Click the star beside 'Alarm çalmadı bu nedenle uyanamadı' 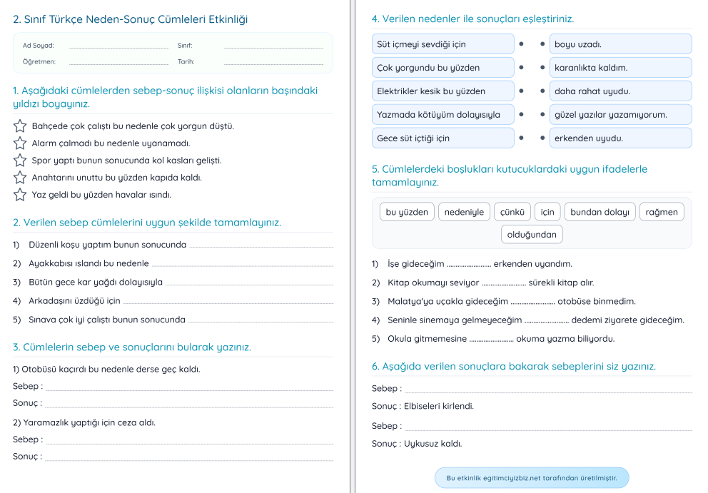click(x=20, y=143)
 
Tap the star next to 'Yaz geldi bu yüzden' click(x=20, y=195)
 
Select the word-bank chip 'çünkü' click(x=512, y=212)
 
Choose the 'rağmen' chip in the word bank click(x=662, y=212)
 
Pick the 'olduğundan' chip click(x=532, y=234)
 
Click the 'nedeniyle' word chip click(x=464, y=212)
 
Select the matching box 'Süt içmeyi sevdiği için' click(x=442, y=44)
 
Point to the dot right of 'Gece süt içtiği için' click(x=521, y=138)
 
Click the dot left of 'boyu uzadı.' click(x=543, y=44)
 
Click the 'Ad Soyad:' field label click(x=38, y=46)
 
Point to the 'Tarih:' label click(x=186, y=61)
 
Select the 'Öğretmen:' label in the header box click(x=39, y=61)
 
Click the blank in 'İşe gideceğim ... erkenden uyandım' click(x=469, y=264)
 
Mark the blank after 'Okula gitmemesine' click(x=491, y=339)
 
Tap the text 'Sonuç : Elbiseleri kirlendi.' click(x=423, y=407)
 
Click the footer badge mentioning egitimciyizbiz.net click(x=532, y=478)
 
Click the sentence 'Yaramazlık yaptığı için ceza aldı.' click(x=84, y=422)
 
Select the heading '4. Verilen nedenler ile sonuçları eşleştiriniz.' click(x=472, y=19)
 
